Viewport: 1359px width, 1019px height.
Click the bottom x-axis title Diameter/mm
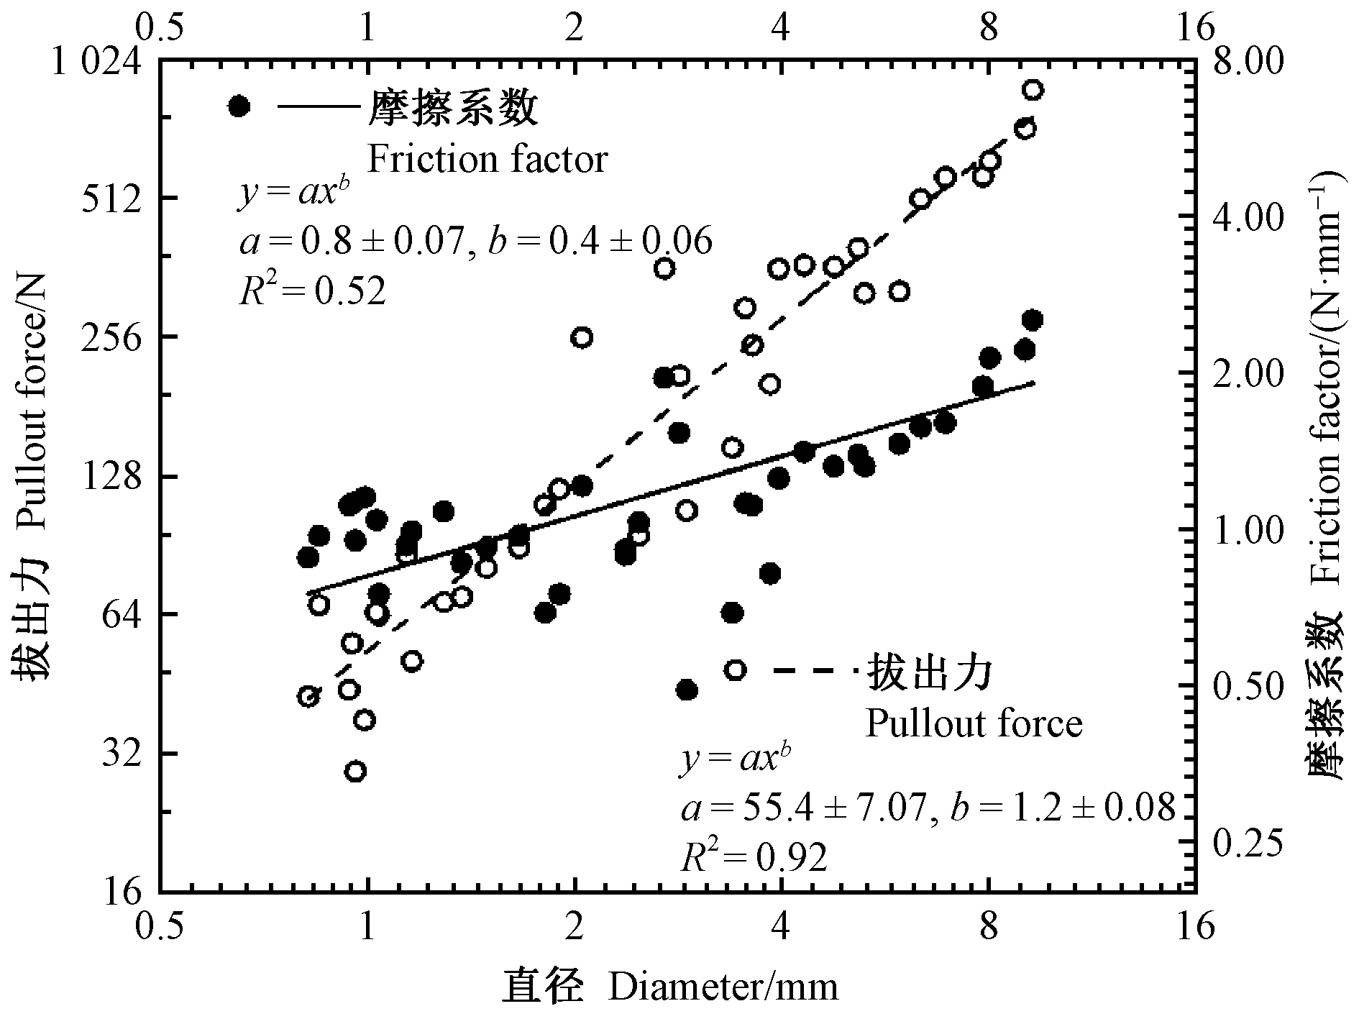[723, 987]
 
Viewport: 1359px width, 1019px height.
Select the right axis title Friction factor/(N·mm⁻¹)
[1327, 475]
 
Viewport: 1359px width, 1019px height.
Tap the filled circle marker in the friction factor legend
[239, 106]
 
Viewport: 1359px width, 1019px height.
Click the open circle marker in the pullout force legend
[735, 670]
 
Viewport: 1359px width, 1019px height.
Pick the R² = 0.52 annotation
[312, 291]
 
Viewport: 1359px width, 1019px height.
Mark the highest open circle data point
[1033, 90]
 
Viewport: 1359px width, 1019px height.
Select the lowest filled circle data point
[687, 690]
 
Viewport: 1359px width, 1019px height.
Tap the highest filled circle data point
[1033, 320]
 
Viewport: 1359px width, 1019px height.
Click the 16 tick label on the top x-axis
[1196, 27]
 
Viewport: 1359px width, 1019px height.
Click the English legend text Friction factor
[488, 160]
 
